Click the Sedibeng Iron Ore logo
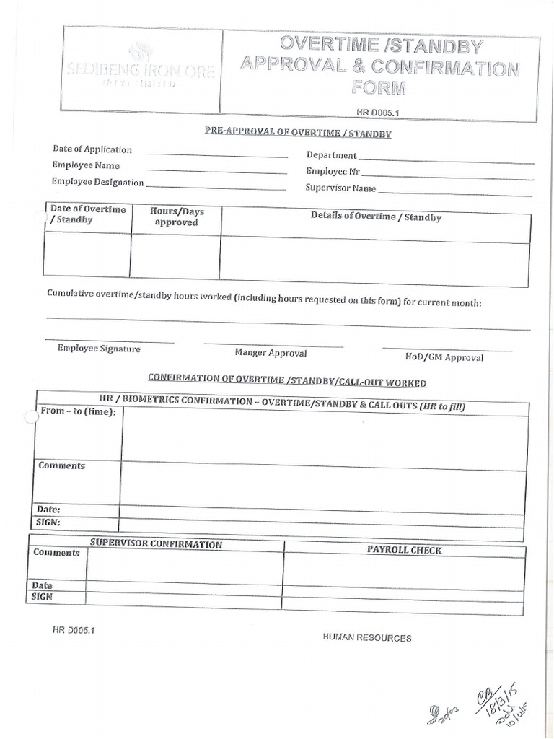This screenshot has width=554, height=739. [x=141, y=67]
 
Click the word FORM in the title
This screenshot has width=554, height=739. [x=379, y=88]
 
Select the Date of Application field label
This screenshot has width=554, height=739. [x=92, y=149]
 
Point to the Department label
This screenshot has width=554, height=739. [x=331, y=155]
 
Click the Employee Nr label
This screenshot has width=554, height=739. [x=333, y=172]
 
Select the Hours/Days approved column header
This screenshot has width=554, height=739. [x=177, y=217]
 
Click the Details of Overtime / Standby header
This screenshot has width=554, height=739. [x=376, y=217]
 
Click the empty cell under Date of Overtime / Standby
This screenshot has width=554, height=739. [x=87, y=255]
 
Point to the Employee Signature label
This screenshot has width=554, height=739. [x=99, y=349]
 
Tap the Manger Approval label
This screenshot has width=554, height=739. [x=271, y=353]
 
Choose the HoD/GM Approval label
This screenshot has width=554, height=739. [x=444, y=357]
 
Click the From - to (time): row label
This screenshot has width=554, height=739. [x=79, y=411]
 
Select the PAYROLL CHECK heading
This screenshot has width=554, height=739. [x=404, y=550]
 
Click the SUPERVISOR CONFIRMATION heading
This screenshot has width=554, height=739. [x=156, y=544]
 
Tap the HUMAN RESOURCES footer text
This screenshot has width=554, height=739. [x=367, y=638]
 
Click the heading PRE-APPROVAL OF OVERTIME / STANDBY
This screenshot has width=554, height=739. [x=288, y=134]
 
